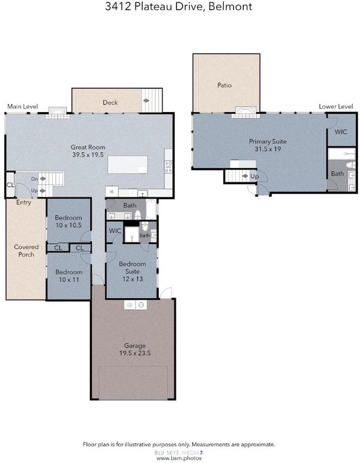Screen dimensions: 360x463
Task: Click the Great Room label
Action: [88, 147]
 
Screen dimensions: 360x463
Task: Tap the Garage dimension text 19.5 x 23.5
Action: [135, 353]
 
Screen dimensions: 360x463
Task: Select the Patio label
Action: [224, 85]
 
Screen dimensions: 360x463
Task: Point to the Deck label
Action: [110, 103]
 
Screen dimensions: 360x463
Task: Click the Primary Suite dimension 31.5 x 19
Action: [268, 149]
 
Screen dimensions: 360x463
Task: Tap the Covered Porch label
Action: [26, 251]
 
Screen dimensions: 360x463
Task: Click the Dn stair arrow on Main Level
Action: [43, 179]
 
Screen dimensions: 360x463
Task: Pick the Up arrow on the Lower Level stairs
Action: [245, 176]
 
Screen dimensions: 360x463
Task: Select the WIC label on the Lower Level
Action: [341, 132]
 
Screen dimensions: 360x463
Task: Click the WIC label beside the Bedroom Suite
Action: [115, 231]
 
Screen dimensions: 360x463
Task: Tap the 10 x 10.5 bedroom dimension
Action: [68, 226]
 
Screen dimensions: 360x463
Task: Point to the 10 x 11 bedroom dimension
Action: [69, 279]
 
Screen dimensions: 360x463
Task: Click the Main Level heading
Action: [23, 106]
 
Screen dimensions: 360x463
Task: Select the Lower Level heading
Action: [336, 106]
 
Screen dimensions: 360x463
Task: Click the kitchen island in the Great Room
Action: [128, 164]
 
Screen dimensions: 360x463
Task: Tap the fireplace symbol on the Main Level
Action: [58, 113]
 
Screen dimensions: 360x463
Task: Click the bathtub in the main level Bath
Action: [151, 209]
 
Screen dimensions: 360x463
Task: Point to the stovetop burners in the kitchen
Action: [169, 167]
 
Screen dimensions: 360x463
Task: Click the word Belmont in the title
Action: [230, 6]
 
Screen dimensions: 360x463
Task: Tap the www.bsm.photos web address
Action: [179, 458]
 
